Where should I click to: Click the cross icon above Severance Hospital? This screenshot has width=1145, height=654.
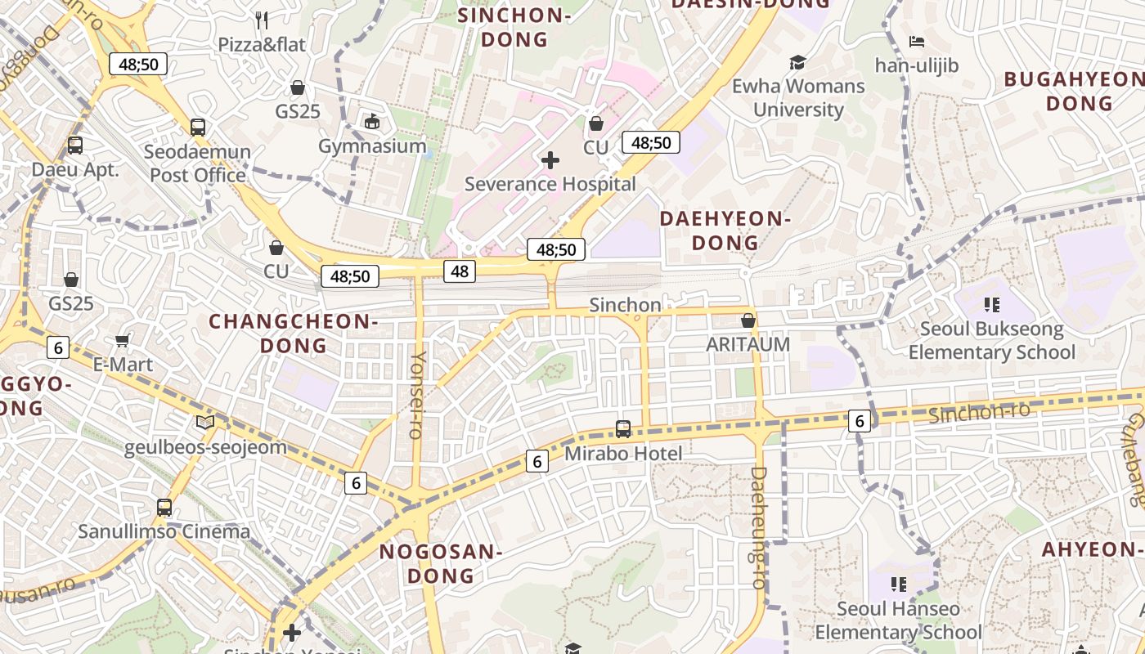(550, 160)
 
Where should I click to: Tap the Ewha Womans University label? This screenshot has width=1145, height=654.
(797, 97)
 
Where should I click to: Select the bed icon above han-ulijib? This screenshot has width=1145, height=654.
(917, 42)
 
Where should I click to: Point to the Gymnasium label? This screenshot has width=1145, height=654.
(372, 146)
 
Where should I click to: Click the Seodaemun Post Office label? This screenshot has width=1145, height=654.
(197, 163)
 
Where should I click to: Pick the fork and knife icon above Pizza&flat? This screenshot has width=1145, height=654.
(262, 20)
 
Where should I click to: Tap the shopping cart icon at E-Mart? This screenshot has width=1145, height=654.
(123, 340)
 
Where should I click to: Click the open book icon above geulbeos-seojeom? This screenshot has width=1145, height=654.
(205, 423)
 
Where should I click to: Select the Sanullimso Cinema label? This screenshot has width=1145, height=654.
(164, 531)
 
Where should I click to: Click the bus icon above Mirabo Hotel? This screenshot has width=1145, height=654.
(623, 428)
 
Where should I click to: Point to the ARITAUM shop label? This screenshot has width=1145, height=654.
(748, 344)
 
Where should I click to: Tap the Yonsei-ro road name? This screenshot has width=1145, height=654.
(418, 395)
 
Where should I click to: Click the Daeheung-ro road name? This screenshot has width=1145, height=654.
(759, 527)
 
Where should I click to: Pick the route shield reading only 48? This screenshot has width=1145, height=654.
(460, 271)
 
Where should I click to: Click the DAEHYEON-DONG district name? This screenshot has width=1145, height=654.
(725, 231)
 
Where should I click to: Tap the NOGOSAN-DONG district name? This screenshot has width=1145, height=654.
(441, 563)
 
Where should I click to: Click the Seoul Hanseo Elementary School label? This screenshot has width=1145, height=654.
(898, 620)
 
